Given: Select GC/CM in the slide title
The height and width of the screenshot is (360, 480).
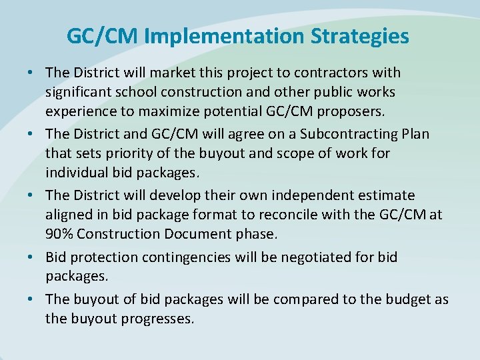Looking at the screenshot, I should coord(102,36).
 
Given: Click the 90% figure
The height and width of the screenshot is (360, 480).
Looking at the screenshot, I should coord(61,234).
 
